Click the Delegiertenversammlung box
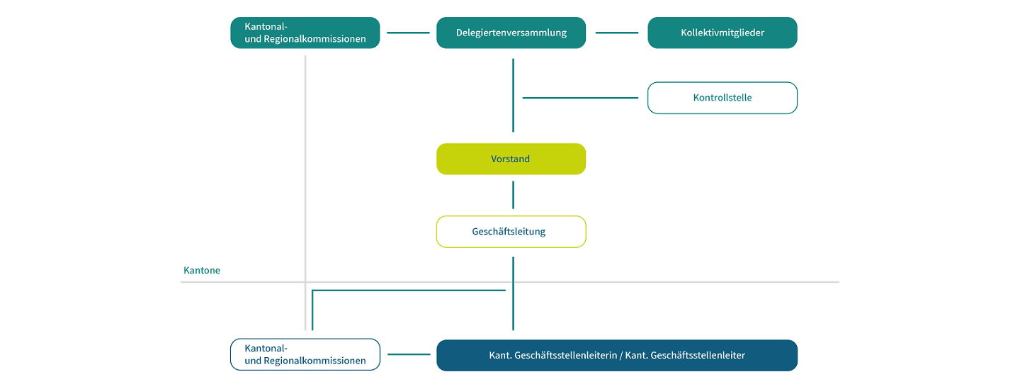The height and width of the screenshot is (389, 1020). [x=511, y=33]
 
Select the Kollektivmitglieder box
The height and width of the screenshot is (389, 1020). [x=722, y=33]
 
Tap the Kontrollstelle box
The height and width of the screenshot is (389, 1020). [x=722, y=98]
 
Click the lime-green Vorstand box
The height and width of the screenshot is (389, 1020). [x=511, y=159]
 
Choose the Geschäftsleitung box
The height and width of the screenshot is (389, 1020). [x=511, y=232]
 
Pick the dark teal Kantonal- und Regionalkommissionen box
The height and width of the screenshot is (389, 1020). [x=305, y=33]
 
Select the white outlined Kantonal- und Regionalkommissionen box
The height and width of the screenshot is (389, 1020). [x=305, y=354]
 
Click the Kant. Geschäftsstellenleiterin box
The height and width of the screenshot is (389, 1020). [x=616, y=355]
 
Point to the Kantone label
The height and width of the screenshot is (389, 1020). [x=202, y=271]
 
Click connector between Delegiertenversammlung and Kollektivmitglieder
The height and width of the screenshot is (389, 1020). [x=616, y=33]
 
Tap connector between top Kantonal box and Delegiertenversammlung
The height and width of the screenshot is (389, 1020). [x=408, y=33]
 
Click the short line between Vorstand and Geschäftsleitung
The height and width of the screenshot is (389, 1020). [x=513, y=195]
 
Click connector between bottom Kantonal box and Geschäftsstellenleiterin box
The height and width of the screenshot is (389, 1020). [x=408, y=354]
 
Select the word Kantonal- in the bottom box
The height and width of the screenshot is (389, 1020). [x=266, y=348]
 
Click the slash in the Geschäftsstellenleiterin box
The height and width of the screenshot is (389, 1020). [x=620, y=355]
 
